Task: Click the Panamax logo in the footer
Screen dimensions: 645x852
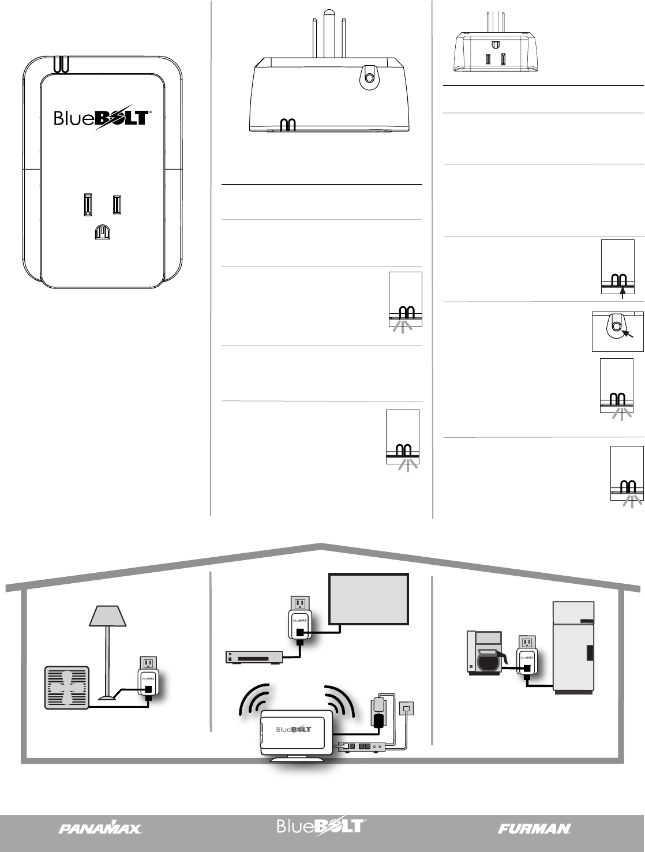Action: pyautogui.click(x=100, y=828)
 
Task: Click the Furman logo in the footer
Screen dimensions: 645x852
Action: pyautogui.click(x=534, y=828)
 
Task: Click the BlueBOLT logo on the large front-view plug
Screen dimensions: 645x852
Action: pyautogui.click(x=103, y=118)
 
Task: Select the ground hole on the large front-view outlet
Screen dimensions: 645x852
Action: pyautogui.click(x=102, y=232)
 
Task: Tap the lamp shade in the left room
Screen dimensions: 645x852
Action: pyautogui.click(x=108, y=615)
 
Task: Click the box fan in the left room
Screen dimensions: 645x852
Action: pyautogui.click(x=67, y=687)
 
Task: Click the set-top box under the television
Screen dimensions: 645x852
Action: pyautogui.click(x=253, y=657)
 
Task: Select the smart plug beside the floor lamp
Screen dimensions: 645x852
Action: pyautogui.click(x=148, y=679)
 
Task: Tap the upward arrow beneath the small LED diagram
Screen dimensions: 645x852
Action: pyautogui.click(x=622, y=292)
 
